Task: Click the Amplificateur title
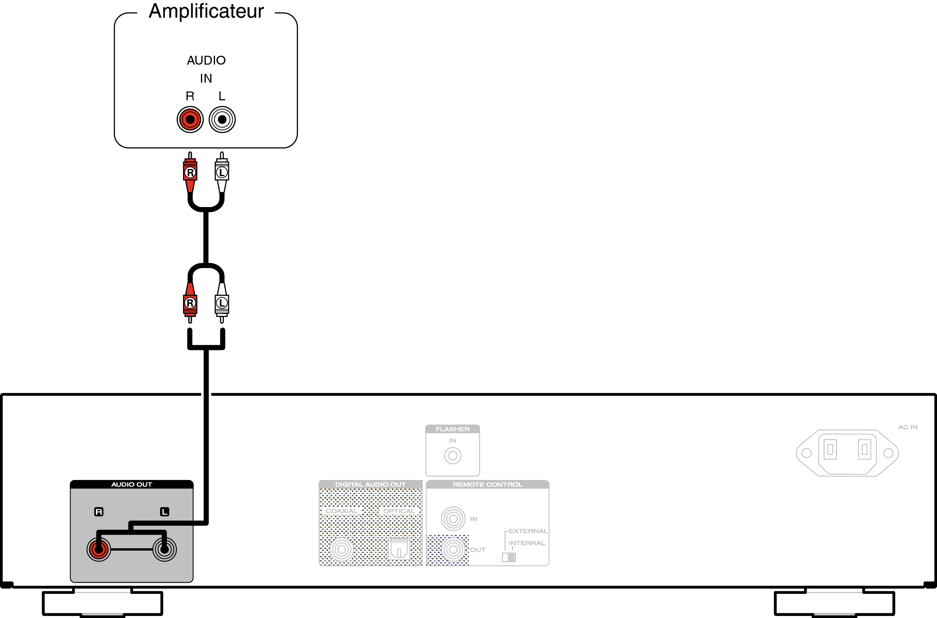206,11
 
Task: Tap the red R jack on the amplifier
190,120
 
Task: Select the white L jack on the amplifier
222,120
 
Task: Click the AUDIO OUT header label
132,484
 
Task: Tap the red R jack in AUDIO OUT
99,549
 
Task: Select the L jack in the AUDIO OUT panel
164,549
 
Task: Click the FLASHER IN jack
452,456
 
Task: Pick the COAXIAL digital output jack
342,549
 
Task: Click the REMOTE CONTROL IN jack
453,518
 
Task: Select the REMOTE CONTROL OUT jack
453,549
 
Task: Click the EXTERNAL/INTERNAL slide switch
509,557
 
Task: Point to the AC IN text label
908,427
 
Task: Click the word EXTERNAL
528,531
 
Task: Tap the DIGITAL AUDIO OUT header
370,484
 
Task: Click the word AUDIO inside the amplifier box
206,60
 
